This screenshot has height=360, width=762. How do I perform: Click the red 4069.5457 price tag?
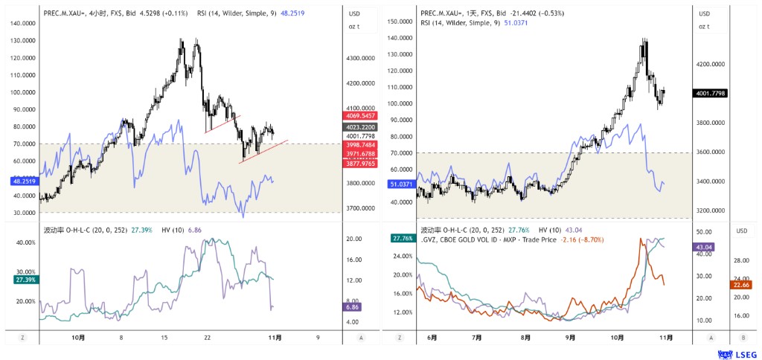tap(359, 116)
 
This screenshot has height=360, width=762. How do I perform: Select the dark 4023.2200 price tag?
tap(359, 126)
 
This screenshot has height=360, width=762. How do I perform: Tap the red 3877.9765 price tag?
tap(359, 162)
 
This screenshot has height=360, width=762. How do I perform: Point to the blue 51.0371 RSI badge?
tap(400, 184)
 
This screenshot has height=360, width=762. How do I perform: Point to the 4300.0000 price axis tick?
tap(364, 58)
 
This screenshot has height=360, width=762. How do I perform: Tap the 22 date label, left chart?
tap(208, 337)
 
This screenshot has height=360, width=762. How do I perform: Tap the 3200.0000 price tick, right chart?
tap(712, 210)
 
